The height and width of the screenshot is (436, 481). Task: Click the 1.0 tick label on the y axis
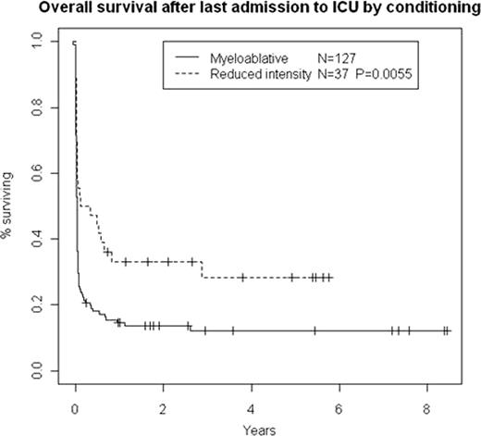[x=40, y=43]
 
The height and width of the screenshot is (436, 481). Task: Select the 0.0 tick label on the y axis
[x=40, y=370]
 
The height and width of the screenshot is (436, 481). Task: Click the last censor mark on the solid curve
[x=447, y=330]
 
